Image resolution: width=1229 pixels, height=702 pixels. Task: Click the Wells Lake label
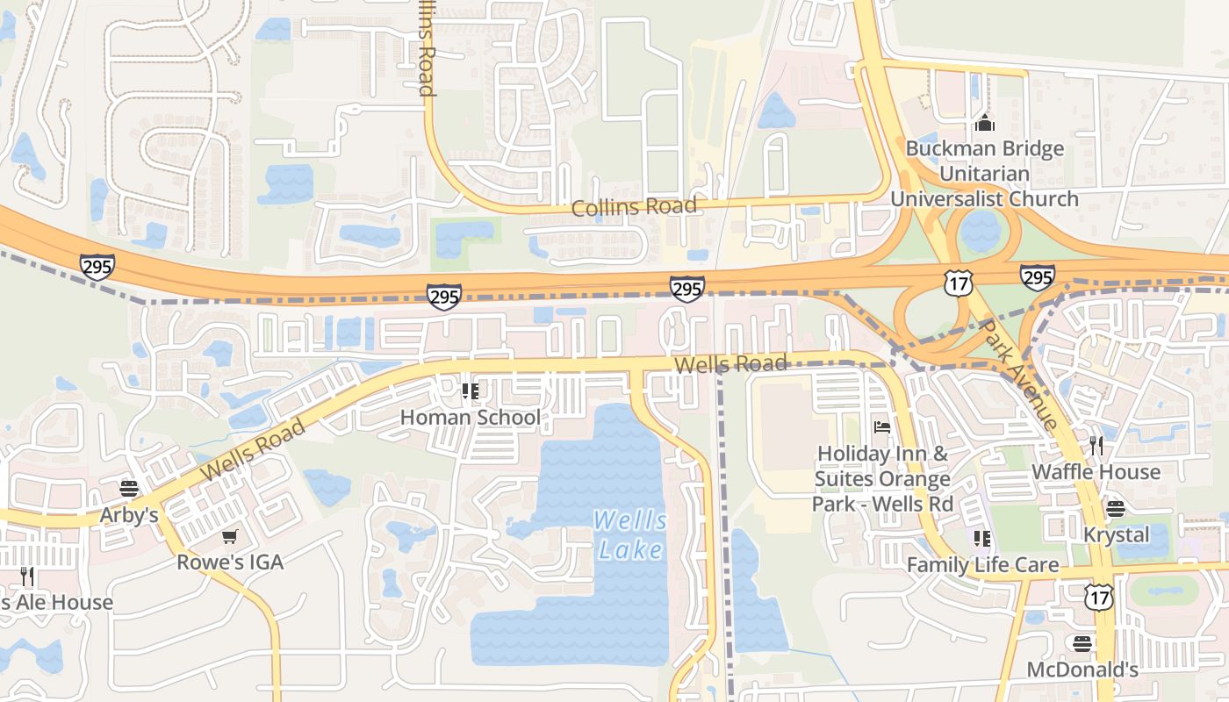pos(630,534)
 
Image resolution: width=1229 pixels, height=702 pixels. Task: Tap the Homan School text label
pos(471,417)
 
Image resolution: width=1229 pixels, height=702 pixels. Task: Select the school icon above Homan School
pos(470,390)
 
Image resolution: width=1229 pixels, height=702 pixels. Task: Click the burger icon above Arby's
pos(129,489)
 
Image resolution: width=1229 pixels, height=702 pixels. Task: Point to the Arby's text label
pos(129,514)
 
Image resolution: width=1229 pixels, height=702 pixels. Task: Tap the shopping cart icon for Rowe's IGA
pos(230,536)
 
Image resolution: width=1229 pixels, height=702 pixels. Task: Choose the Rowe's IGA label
pos(230,562)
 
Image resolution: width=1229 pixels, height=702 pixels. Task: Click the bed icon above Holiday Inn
pos(882,427)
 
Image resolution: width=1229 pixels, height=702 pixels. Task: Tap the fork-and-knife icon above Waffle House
pos(1096,445)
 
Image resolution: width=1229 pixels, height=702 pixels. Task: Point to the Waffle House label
pos(1096,472)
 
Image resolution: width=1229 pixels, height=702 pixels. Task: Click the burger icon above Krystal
pos(1116,509)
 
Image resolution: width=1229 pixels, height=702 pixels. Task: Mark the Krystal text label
pos(1116,534)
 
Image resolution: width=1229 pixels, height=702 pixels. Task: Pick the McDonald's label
pos(1082,670)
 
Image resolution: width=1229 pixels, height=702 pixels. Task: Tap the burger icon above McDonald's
pos(1082,644)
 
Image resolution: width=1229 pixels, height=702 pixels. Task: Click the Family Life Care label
pos(982,564)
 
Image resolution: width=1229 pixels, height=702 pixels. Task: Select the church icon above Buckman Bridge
pos(985,123)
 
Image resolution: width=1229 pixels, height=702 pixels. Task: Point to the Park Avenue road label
pos(1018,374)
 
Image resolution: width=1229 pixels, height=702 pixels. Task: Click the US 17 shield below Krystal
pos(1098,597)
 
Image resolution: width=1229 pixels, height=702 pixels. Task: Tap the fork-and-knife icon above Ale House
pos(27,577)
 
